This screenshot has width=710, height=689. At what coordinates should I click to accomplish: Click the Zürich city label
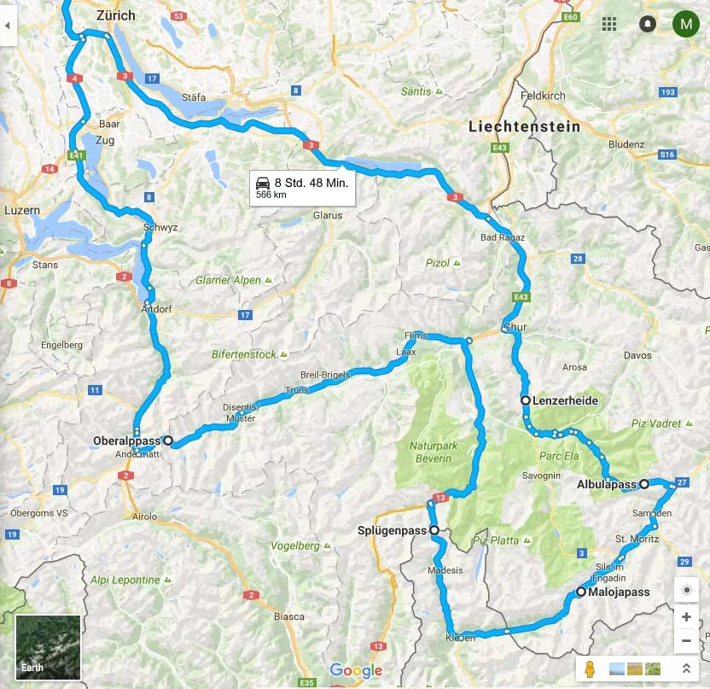coord(116,15)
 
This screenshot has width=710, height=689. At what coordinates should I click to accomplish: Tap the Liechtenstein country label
coord(524,126)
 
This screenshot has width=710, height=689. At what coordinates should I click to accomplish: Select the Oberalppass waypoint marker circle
coord(168,441)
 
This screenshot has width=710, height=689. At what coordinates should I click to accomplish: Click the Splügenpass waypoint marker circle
coord(434,531)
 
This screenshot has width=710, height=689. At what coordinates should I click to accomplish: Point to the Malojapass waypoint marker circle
coord(581,592)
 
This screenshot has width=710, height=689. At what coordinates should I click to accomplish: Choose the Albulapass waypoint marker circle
coord(644,484)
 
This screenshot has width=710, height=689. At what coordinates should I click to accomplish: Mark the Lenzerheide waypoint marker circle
coord(526,400)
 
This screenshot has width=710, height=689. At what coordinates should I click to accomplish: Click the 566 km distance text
coord(271,196)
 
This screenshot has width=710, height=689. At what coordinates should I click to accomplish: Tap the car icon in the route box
coord(264,182)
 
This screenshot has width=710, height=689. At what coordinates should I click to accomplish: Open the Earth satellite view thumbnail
coord(48,647)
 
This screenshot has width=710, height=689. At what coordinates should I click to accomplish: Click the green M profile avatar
coord(685,24)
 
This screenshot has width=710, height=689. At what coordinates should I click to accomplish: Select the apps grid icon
coord(609,24)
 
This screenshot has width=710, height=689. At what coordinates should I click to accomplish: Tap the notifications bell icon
coord(647,24)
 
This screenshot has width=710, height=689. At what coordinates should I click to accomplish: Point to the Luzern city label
coord(22,209)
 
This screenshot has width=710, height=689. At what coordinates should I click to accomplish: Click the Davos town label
coord(637,355)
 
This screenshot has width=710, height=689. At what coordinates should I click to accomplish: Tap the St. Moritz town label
coord(637,539)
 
